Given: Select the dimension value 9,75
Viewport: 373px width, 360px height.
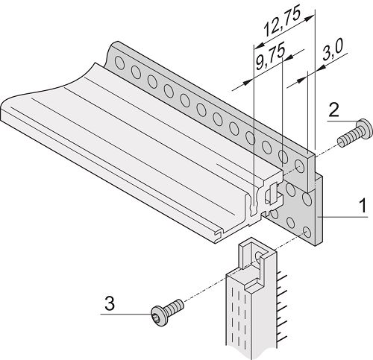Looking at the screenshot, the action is point(270,57).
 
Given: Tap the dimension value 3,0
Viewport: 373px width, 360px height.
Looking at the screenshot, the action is point(333,50).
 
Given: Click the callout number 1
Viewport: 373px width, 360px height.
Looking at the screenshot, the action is point(363,206).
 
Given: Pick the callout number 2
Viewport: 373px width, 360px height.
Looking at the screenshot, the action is point(333,110).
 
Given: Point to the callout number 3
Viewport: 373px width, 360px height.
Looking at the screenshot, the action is point(110,303).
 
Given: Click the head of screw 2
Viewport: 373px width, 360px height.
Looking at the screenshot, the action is point(364,129).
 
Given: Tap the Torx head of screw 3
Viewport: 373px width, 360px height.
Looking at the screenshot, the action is point(159,316).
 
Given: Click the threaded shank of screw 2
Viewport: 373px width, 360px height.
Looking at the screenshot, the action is point(348,139).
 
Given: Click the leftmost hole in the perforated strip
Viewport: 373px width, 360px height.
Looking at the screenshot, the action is point(120,63).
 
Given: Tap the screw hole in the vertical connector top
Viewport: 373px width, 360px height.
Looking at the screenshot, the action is point(259,255).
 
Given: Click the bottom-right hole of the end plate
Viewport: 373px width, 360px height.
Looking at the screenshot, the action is point(307,233).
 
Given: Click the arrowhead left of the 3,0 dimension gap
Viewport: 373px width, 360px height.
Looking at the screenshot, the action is point(302,80).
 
